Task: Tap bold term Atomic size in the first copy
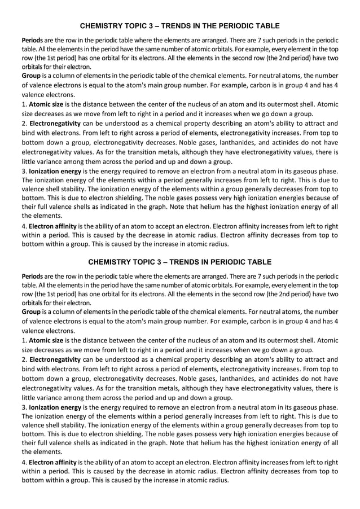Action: [47, 104]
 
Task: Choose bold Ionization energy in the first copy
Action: [55, 171]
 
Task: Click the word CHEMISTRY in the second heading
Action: [111, 262]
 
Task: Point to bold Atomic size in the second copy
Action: [47, 340]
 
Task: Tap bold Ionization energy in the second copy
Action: [55, 407]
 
